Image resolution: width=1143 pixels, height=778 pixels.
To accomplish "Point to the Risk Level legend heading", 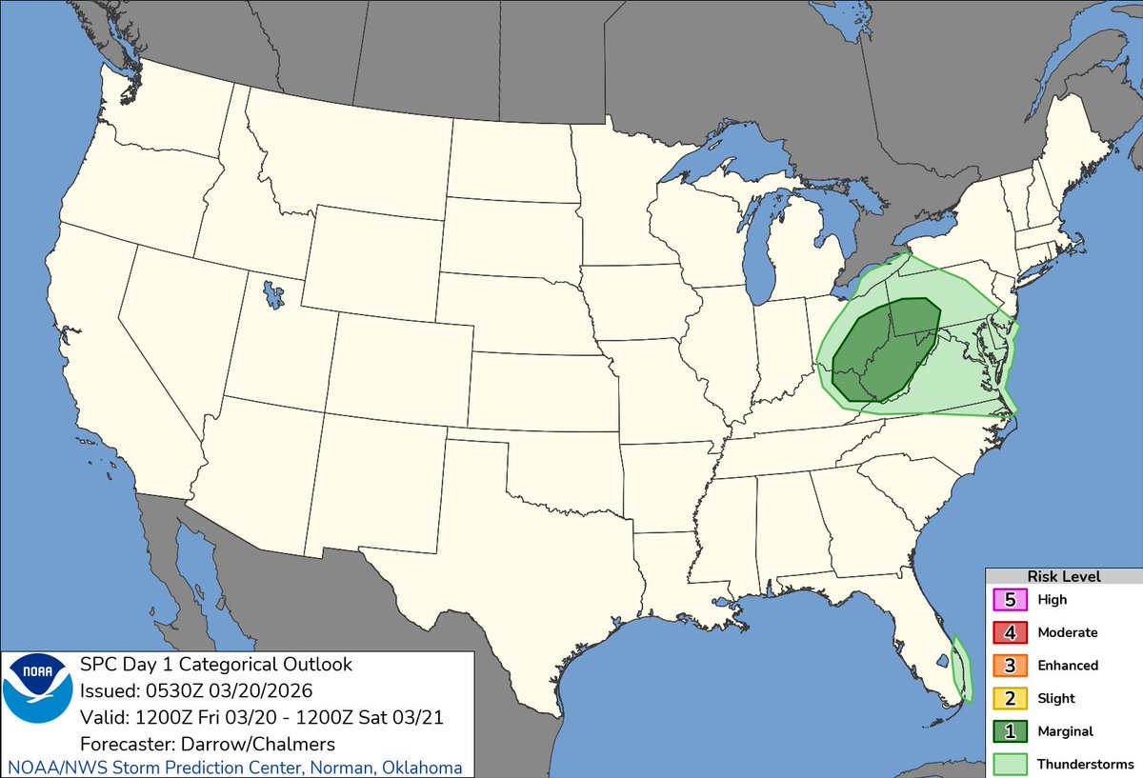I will tap(1063, 576).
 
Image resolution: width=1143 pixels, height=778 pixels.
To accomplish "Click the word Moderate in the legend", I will tap(1067, 632).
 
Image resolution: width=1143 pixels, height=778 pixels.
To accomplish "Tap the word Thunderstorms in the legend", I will tap(1085, 764).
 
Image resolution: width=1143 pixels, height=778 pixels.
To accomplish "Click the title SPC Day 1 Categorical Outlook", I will tap(216, 664).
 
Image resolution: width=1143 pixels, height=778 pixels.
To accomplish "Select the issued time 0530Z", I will tap(173, 689).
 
